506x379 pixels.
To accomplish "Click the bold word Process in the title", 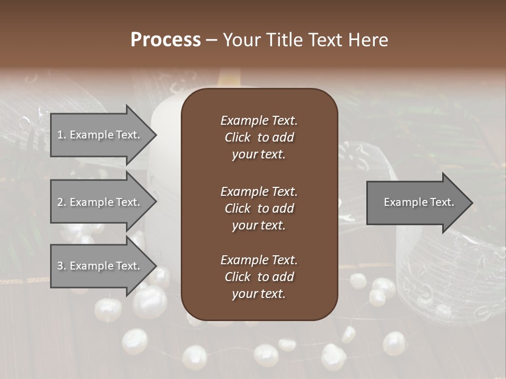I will click(x=166, y=40).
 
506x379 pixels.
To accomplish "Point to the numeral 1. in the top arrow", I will click(x=61, y=135).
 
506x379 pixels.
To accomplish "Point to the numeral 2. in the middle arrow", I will click(x=61, y=202).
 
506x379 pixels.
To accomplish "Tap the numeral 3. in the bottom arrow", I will click(x=61, y=266).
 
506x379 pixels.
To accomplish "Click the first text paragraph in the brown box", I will click(x=259, y=137).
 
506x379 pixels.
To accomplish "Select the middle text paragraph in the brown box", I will click(x=259, y=208).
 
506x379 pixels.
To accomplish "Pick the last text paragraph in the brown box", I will click(x=259, y=277).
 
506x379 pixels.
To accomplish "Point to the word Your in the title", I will click(x=241, y=40).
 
